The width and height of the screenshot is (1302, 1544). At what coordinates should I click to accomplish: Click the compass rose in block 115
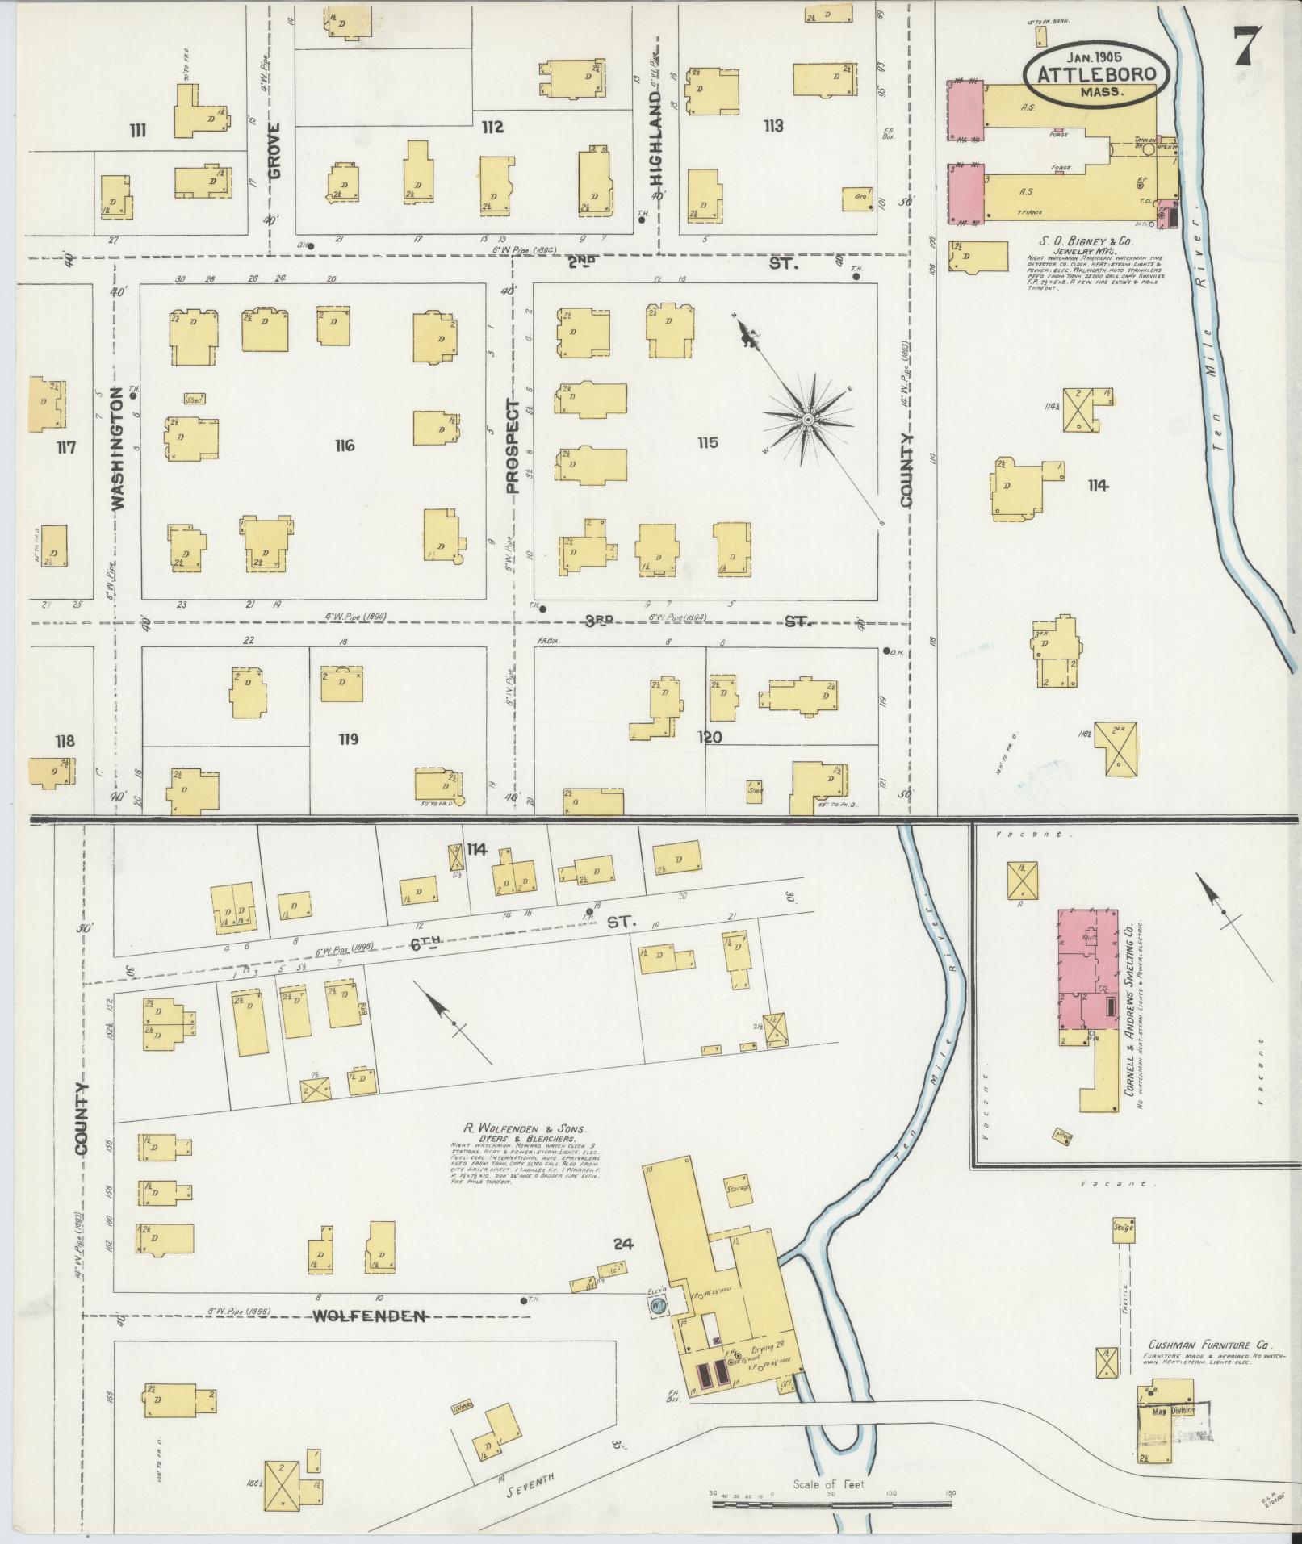point(806,421)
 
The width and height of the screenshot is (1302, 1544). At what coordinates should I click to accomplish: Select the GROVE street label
point(274,150)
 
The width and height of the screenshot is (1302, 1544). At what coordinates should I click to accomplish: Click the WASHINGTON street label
point(119,448)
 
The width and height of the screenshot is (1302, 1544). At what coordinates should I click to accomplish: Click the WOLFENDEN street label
point(370,1316)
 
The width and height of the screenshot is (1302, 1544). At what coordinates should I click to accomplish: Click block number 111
point(137,130)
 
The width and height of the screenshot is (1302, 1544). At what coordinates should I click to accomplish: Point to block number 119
point(349,739)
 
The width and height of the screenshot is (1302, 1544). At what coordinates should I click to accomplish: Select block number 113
point(772,126)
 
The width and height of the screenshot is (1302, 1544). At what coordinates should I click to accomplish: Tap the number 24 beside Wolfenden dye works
point(622,1244)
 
